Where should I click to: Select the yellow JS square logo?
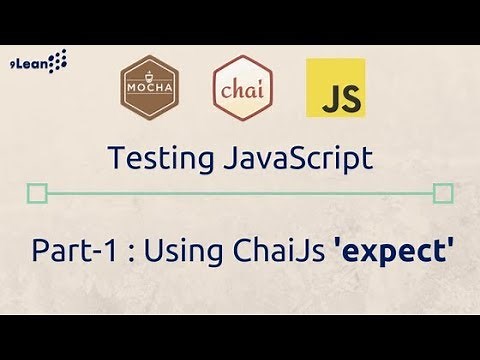click(335, 89)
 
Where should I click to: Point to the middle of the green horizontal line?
click(240, 193)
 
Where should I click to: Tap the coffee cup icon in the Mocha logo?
click(148, 77)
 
